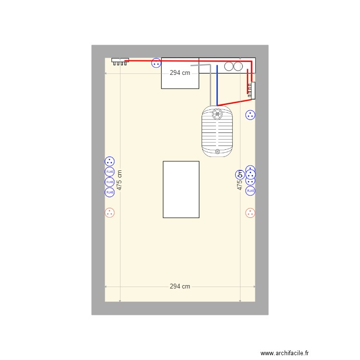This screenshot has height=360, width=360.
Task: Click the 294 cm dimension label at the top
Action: [x=180, y=73]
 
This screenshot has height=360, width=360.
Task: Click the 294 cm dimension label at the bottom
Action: [x=180, y=286]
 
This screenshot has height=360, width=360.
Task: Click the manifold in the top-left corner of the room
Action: [x=120, y=61]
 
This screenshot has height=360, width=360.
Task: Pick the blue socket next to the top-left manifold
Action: [x=156, y=63]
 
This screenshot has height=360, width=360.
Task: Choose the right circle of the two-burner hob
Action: [x=238, y=66]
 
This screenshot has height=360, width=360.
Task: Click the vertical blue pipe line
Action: [x=217, y=84]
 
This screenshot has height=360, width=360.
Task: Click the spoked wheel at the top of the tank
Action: [x=217, y=114]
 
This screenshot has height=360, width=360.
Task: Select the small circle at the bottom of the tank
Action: [x=217, y=151]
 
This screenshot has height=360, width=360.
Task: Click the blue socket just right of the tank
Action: [x=250, y=115]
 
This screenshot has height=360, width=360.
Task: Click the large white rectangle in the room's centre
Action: [x=181, y=189]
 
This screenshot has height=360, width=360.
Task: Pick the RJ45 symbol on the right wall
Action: [x=250, y=191]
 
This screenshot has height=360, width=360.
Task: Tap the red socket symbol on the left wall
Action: [x=110, y=212]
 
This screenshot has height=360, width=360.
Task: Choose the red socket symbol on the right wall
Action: [x=250, y=212]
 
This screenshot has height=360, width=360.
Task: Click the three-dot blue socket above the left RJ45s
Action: [x=110, y=162]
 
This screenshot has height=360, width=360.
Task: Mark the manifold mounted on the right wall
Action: [x=252, y=89]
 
